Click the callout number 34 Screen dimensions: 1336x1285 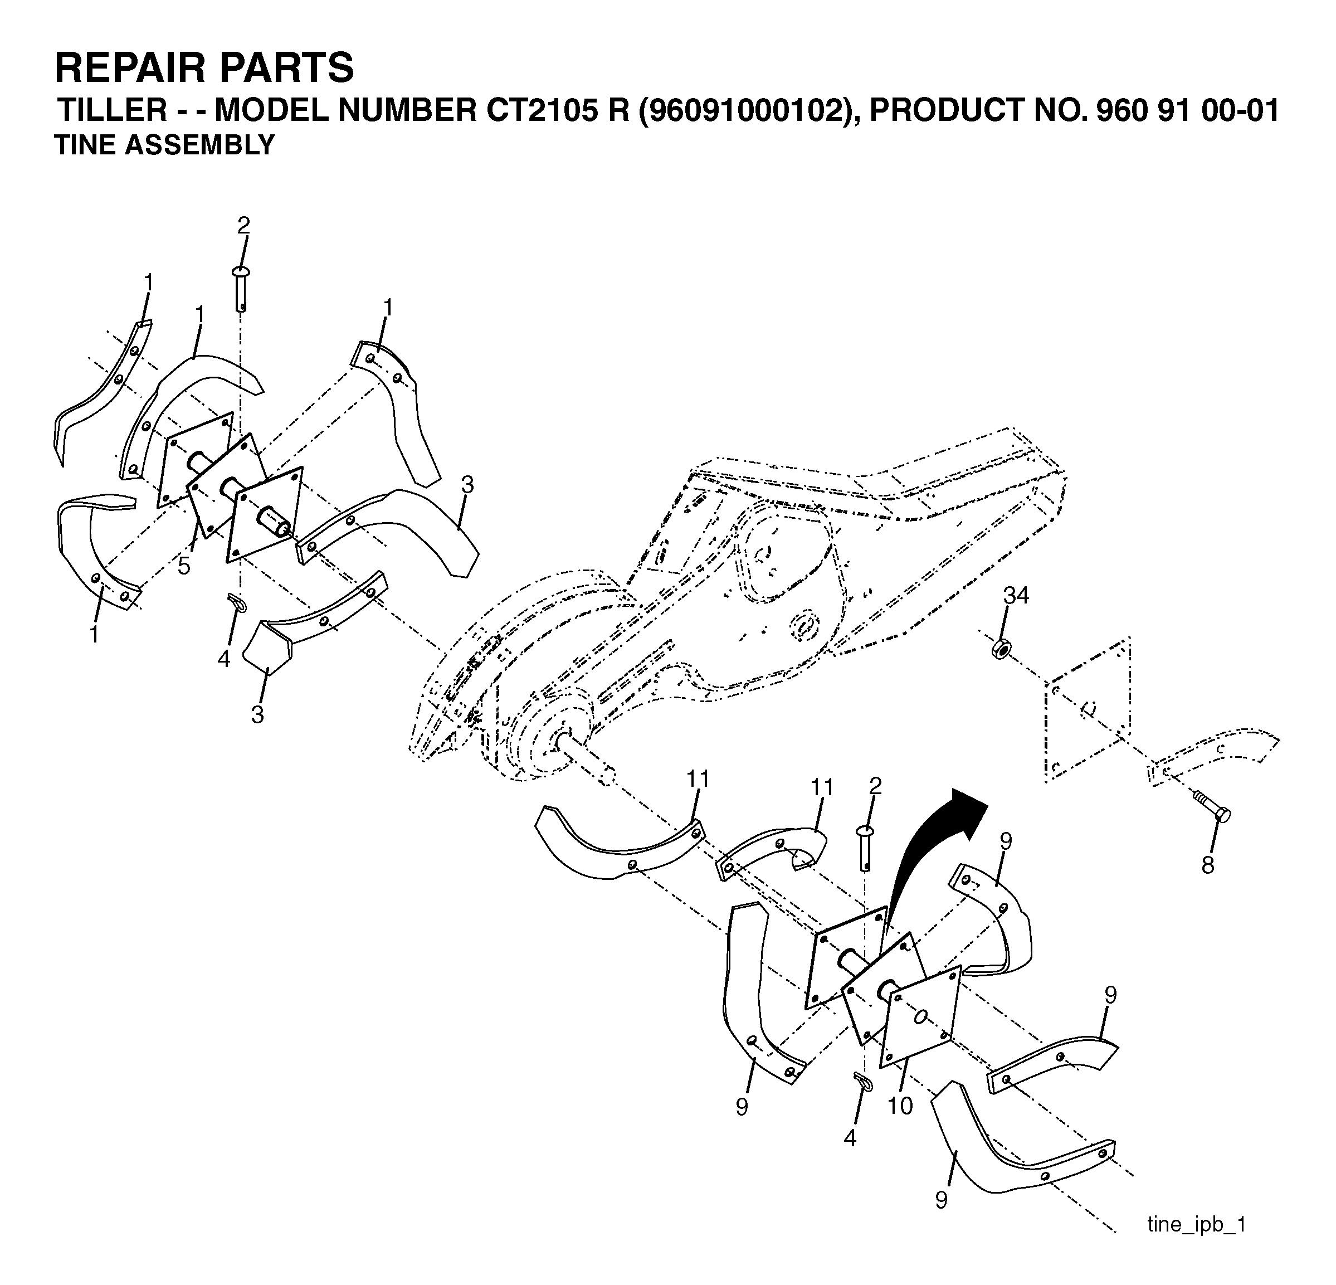[x=1016, y=596]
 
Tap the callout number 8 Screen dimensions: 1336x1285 [x=1208, y=866]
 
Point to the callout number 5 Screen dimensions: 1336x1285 [x=184, y=567]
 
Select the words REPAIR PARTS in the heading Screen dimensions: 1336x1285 [x=204, y=67]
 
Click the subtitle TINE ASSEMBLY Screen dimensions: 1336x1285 [x=164, y=145]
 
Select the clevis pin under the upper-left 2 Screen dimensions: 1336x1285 [x=242, y=289]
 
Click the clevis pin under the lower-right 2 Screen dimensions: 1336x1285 [x=865, y=848]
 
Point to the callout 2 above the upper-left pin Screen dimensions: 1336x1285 [x=243, y=226]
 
